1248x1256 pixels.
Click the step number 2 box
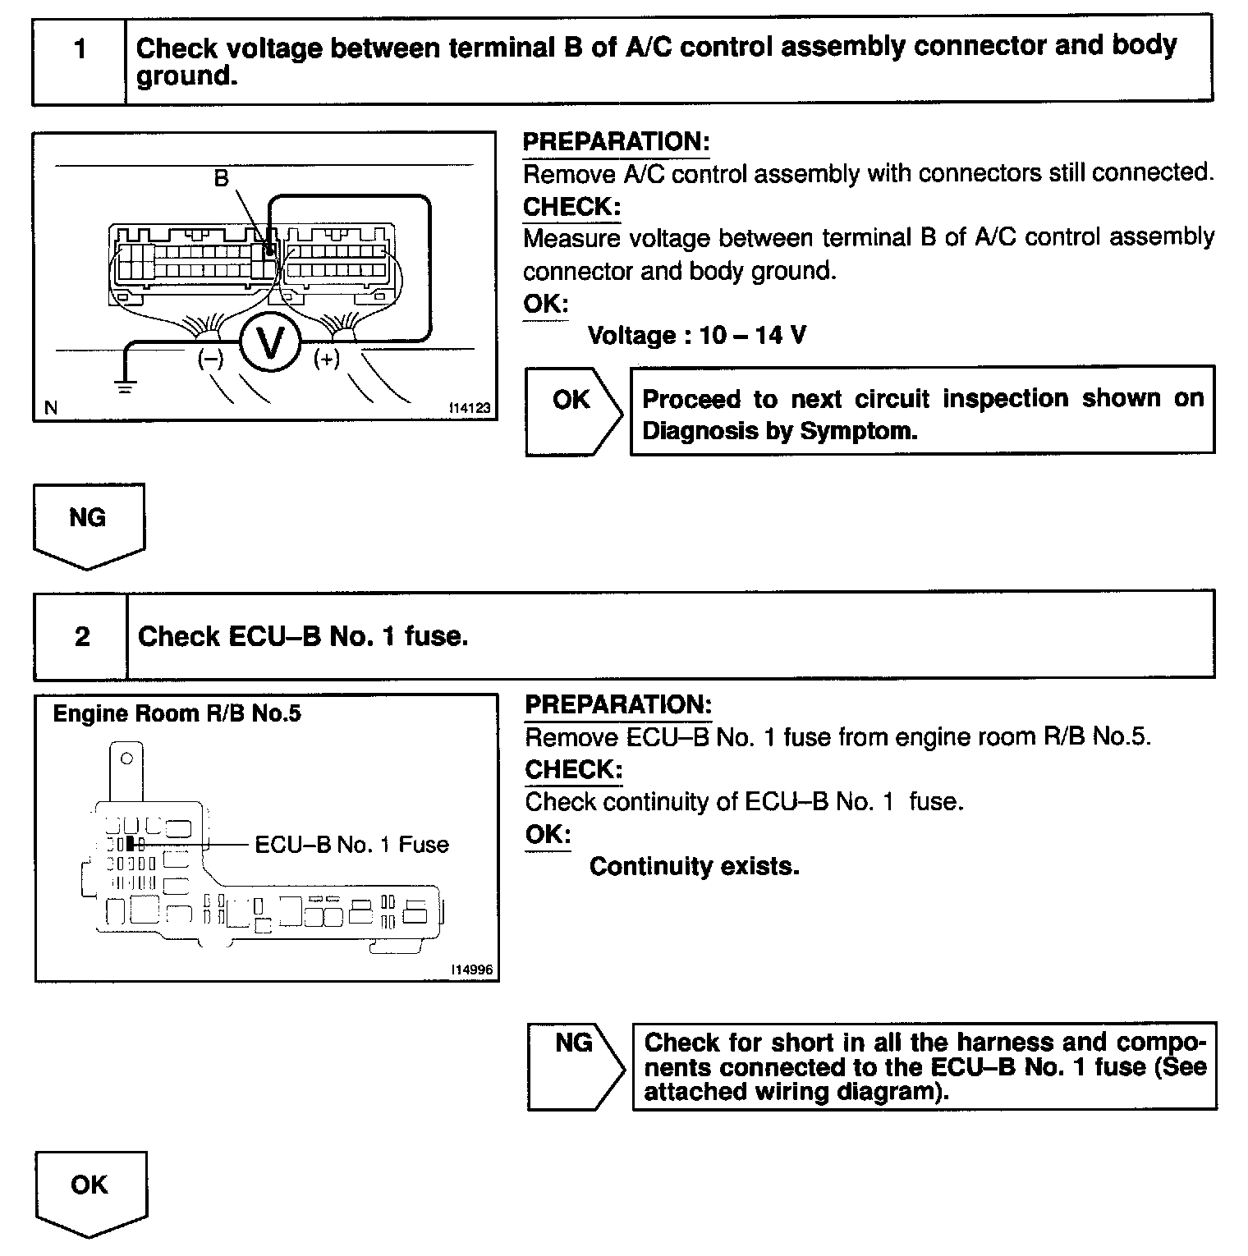tap(81, 637)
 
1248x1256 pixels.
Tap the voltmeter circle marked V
tap(269, 346)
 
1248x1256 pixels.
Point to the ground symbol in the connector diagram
tap(124, 386)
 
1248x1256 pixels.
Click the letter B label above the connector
tap(221, 178)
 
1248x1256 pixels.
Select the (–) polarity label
tap(211, 359)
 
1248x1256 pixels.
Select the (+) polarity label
tap(326, 359)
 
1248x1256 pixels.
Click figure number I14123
tap(470, 408)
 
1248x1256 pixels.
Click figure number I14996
tap(471, 970)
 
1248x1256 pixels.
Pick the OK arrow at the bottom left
tap(90, 1190)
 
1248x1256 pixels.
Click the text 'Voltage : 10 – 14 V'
tap(697, 336)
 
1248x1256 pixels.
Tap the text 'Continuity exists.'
tap(695, 867)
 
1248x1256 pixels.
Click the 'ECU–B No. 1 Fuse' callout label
tap(351, 845)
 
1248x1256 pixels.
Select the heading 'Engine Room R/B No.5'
tap(177, 714)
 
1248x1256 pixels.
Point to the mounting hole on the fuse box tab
tap(126, 759)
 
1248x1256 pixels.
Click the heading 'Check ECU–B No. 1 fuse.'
tap(303, 637)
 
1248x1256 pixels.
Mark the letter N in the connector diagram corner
tap(51, 407)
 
